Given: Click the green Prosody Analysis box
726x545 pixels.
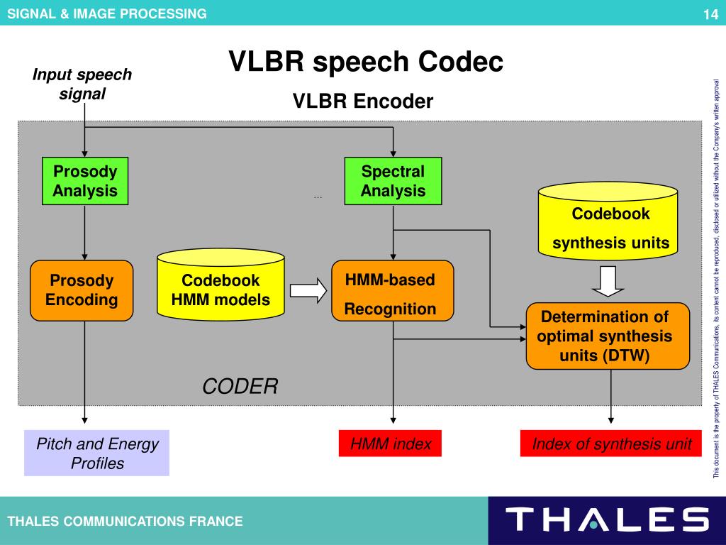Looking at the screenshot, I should (x=85, y=181).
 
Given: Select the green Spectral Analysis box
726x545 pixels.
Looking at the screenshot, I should (x=393, y=181).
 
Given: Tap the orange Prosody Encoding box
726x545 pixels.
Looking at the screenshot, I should (x=82, y=290).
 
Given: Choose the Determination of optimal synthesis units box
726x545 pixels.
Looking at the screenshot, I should (x=607, y=336).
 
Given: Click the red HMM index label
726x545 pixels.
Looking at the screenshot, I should (x=390, y=444).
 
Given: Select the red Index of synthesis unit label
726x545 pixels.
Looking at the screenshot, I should (x=611, y=444).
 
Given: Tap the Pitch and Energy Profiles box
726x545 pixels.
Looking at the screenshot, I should (x=97, y=453).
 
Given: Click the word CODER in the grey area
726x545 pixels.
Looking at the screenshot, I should (x=240, y=387).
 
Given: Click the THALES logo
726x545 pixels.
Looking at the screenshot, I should (x=607, y=520).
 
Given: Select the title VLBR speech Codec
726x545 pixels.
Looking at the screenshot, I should (x=365, y=62).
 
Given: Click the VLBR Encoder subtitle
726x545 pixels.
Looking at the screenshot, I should (x=363, y=102).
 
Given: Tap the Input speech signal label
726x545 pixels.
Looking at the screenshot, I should (x=82, y=84).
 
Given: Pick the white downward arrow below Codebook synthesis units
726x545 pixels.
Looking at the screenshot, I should (x=608, y=281).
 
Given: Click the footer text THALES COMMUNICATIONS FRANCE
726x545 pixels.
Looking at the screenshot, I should (x=125, y=522).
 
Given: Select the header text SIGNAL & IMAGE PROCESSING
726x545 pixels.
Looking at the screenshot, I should (x=107, y=13).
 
